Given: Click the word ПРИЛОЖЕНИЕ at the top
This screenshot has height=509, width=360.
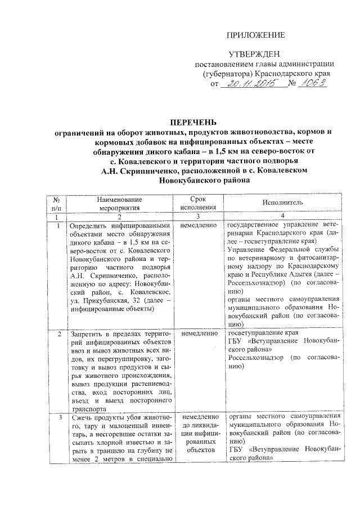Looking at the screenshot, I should pos(255,35).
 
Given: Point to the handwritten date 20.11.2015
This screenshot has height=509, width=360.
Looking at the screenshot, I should pos(250,84).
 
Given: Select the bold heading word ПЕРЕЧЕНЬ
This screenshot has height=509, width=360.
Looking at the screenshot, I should pos(193,122).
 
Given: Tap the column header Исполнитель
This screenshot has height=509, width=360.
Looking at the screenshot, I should pos(282,202).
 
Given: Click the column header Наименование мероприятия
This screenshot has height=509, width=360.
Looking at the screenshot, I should pos(119,202).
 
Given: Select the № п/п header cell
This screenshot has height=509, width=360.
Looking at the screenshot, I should pos(57,202).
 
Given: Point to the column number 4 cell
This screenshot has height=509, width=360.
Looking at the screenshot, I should pos(282,217).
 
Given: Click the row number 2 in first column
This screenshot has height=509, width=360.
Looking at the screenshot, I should pos(60,334).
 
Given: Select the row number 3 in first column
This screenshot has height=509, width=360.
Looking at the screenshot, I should pos(60,419).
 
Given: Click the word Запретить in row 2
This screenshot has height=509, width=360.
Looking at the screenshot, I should pos(86,334).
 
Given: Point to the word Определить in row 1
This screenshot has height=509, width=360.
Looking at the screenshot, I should pos(89,224).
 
